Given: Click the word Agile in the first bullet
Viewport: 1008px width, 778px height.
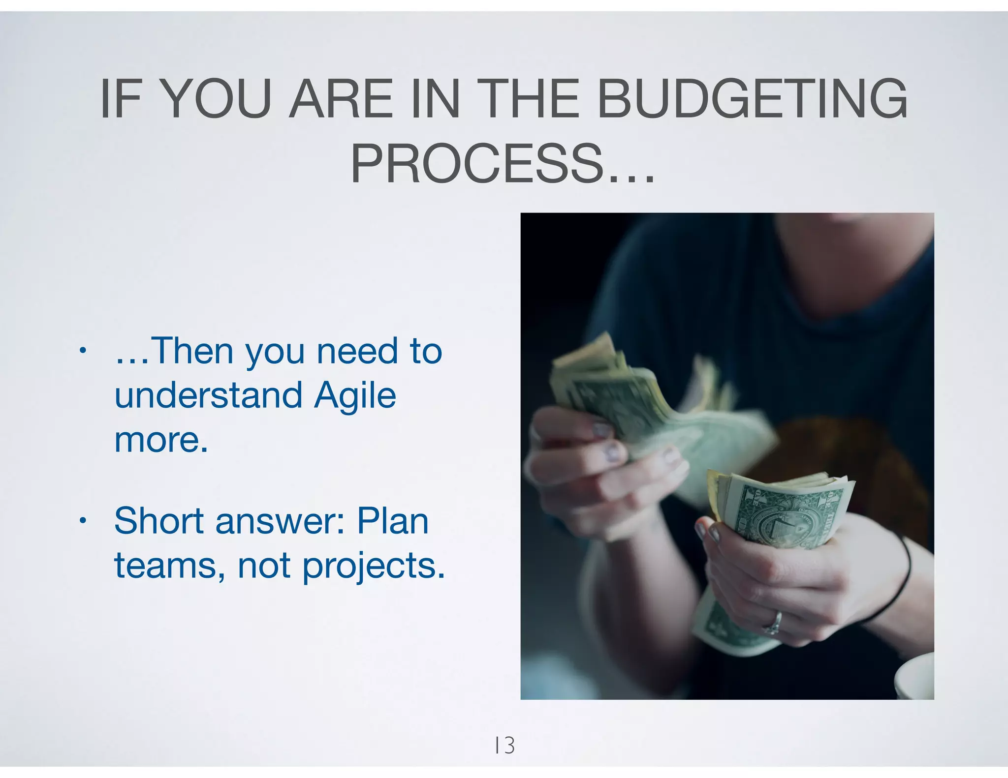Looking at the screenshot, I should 355,396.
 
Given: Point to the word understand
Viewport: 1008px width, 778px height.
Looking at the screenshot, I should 208,395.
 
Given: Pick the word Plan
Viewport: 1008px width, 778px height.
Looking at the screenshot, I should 393,521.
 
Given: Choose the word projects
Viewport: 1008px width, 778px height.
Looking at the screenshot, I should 373,567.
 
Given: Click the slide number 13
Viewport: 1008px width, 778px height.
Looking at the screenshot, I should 505,746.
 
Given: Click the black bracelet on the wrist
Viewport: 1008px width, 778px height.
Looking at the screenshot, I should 905,580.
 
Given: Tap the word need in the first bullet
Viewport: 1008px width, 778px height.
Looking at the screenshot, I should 357,351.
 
